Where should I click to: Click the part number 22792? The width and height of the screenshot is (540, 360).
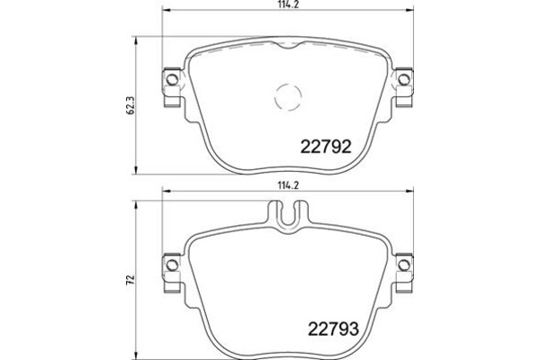click(x=326, y=147)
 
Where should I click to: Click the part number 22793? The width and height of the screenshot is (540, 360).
click(x=333, y=329)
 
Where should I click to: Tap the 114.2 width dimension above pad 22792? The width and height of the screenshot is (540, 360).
click(x=288, y=4)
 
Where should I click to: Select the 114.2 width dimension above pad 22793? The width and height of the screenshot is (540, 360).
click(x=288, y=185)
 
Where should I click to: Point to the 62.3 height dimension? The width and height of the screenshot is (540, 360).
click(x=130, y=105)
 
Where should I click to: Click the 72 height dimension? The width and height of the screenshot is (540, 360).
click(x=130, y=279)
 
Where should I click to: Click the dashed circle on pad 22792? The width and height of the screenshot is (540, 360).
click(x=288, y=97)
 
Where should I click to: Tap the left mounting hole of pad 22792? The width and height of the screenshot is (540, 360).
click(x=172, y=80)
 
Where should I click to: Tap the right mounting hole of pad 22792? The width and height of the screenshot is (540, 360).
click(x=403, y=80)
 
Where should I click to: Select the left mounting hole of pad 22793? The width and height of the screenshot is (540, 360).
click(x=172, y=265)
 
